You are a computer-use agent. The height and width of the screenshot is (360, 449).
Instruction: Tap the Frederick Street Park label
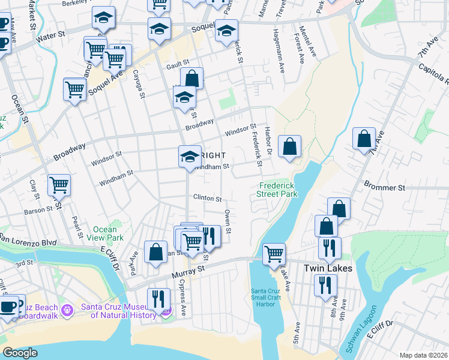278,190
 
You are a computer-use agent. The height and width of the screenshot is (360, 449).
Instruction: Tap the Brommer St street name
384,188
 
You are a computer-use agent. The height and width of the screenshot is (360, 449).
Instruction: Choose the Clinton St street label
207,199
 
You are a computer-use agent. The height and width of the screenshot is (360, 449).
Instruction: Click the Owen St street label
228,221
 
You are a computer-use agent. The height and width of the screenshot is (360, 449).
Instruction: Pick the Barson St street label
38,211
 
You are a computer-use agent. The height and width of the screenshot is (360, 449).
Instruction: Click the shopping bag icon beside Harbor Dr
289,146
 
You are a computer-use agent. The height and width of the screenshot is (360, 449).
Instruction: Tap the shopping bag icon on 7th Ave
364,139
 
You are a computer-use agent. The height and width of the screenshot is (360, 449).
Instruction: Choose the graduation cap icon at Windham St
190,157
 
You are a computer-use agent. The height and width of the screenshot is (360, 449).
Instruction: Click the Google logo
20,353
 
